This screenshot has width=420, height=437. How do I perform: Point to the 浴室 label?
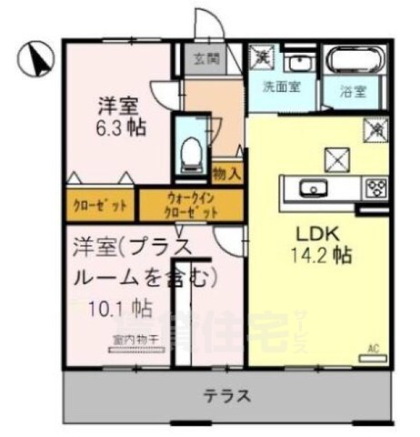click(353, 92)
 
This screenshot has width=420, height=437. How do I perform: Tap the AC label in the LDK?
click(373, 347)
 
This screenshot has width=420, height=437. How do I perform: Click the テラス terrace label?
click(226, 396)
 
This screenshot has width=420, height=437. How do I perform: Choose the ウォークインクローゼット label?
click(191, 206)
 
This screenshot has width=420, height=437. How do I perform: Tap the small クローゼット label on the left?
click(100, 206)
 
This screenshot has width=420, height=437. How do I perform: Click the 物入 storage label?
click(226, 173)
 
